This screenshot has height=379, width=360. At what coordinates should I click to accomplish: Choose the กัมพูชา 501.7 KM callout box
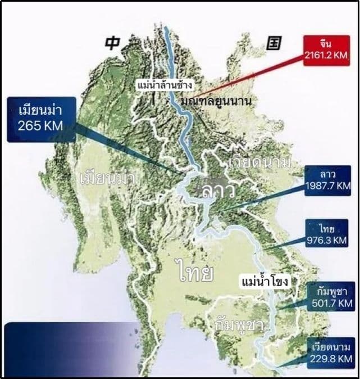pyautogui.click(x=331, y=297)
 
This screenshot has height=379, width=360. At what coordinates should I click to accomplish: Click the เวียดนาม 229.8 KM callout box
pyautogui.click(x=331, y=352)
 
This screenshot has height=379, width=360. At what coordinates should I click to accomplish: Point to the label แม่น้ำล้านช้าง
pyautogui.click(x=165, y=85)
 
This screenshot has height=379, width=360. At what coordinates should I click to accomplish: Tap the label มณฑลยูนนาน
pyautogui.click(x=216, y=101)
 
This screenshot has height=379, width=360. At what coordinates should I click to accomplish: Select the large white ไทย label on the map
pyautogui.click(x=194, y=272)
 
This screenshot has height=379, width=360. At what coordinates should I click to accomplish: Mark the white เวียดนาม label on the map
pyautogui.click(x=260, y=163)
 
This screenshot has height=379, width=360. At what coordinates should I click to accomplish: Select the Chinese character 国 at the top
pyautogui.click(x=274, y=42)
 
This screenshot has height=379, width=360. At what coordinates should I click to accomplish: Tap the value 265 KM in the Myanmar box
pyautogui.click(x=40, y=127)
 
